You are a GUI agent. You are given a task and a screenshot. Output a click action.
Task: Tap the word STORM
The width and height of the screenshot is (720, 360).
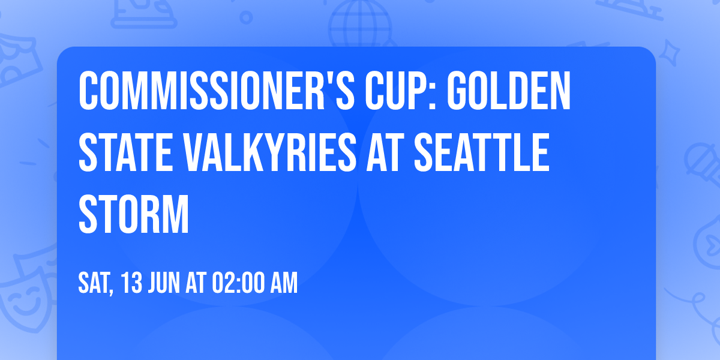tap(134, 213)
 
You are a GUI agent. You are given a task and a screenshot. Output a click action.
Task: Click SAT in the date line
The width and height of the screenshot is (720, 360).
tap(95, 283)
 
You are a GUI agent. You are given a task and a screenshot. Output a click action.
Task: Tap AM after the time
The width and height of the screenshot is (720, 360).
tap(283, 283)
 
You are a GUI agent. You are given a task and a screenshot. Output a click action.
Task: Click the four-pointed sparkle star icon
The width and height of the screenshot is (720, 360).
tap(673, 54)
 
